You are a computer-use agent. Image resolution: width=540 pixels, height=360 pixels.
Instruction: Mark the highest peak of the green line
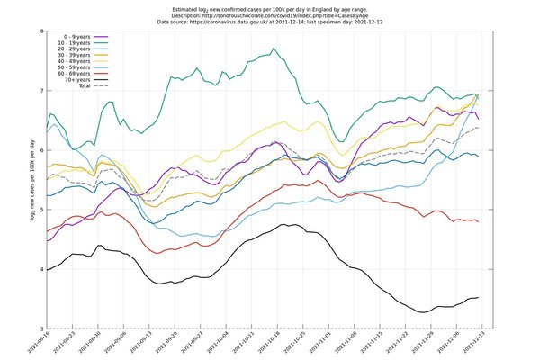click(x=284, y=49)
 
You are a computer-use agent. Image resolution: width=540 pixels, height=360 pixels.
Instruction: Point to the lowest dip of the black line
click(x=420, y=312)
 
